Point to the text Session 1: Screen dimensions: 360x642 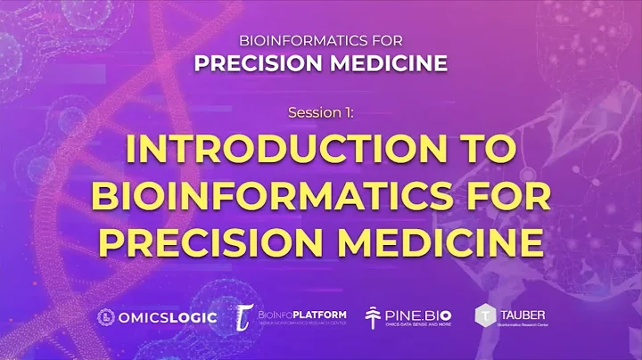(x=321, y=113)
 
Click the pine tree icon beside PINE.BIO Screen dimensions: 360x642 (x=374, y=316)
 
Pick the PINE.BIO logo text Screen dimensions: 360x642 (x=420, y=313)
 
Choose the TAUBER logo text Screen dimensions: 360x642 (x=523, y=313)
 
